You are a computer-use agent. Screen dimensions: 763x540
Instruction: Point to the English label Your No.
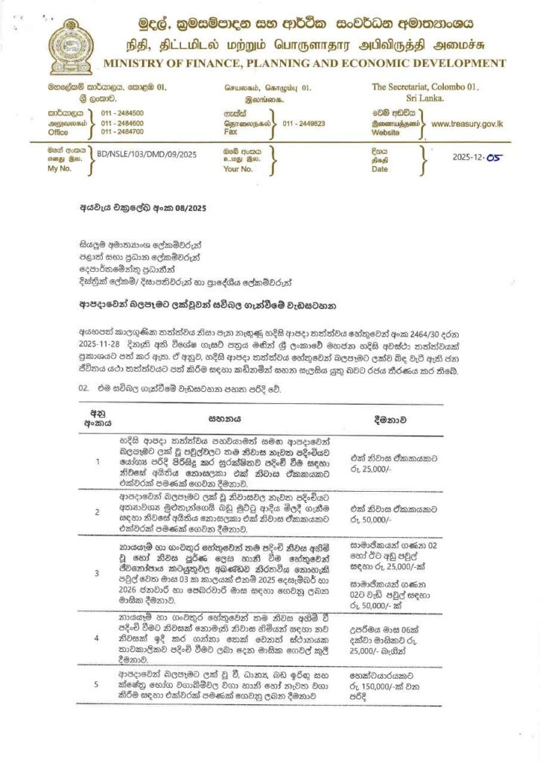tap(239, 169)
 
